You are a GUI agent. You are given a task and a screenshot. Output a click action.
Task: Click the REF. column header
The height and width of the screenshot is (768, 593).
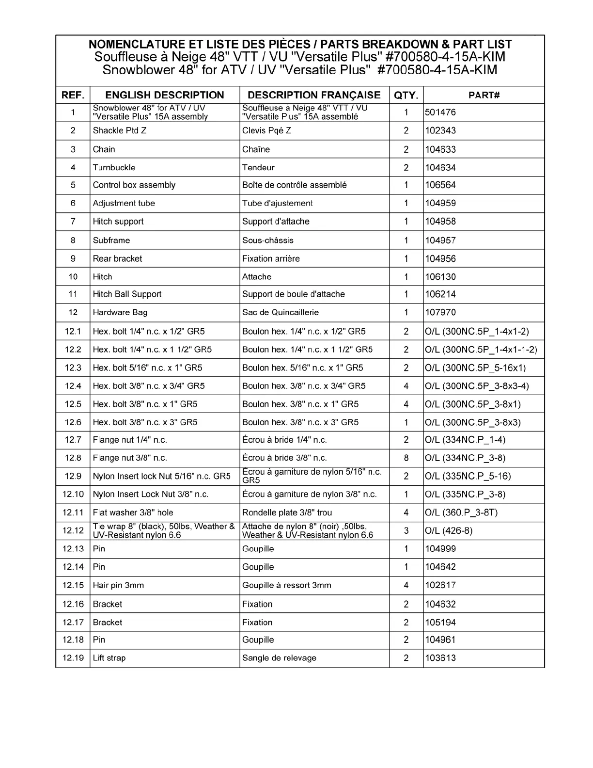click(x=73, y=95)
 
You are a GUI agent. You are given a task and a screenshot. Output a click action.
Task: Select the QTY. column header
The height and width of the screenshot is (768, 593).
click(x=406, y=95)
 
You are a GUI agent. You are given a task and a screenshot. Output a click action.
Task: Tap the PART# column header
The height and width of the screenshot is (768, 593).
click(x=484, y=95)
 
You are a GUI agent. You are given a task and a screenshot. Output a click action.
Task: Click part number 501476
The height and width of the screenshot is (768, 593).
click(x=440, y=112)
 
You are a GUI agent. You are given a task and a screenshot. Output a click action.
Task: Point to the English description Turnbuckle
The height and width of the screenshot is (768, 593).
click(x=114, y=168)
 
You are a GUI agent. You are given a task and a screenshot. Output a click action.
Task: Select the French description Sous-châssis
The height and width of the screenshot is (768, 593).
click(x=267, y=240)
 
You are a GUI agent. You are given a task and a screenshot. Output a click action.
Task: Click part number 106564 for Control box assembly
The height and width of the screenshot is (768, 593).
click(x=440, y=185)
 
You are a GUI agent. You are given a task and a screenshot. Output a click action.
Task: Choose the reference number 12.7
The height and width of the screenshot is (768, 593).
click(x=73, y=440)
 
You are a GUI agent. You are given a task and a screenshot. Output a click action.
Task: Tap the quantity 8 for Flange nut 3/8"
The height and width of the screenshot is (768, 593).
click(x=406, y=458)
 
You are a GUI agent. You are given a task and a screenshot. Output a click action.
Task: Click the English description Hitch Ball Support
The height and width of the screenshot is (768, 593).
click(x=127, y=294)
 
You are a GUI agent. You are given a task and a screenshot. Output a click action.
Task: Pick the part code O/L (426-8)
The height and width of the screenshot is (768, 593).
click(x=449, y=531)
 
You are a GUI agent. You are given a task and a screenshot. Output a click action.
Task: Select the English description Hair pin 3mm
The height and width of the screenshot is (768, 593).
click(x=118, y=585)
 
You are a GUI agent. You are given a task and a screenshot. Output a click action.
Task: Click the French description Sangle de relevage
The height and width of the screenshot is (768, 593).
click(x=279, y=658)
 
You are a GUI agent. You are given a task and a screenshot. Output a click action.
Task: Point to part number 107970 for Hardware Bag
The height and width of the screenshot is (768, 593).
click(x=440, y=313)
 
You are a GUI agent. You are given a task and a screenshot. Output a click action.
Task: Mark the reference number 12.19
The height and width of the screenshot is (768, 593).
click(x=73, y=658)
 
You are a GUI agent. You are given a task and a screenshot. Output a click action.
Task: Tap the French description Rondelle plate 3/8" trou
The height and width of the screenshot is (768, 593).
click(x=287, y=512)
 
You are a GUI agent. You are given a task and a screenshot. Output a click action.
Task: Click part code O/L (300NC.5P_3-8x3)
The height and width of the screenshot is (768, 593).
click(x=473, y=422)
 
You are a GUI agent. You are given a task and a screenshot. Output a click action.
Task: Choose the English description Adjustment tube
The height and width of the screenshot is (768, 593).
click(x=124, y=204)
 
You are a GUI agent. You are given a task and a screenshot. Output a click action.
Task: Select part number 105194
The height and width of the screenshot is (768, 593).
click(x=440, y=622)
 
